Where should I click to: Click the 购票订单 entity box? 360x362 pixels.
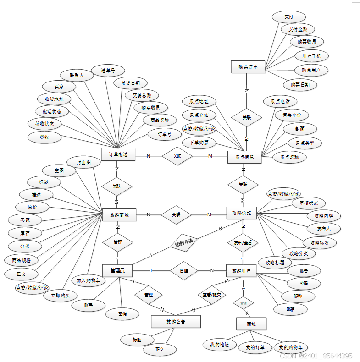click(248, 67)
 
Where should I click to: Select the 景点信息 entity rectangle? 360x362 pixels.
click(244, 157)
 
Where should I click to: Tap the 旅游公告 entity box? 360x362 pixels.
click(176, 322)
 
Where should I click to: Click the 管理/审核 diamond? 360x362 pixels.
click(183, 243)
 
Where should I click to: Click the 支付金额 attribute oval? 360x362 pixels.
click(298, 29)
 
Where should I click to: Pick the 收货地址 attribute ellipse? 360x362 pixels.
click(54, 99)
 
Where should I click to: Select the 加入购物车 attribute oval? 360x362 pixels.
click(90, 280)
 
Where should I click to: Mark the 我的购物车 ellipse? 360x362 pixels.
click(294, 347)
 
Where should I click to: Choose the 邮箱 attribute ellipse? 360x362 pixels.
click(290, 309)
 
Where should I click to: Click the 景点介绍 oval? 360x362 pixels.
click(199, 115)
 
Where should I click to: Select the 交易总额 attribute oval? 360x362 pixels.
click(142, 95)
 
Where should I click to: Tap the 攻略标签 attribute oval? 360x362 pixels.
click(319, 242)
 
